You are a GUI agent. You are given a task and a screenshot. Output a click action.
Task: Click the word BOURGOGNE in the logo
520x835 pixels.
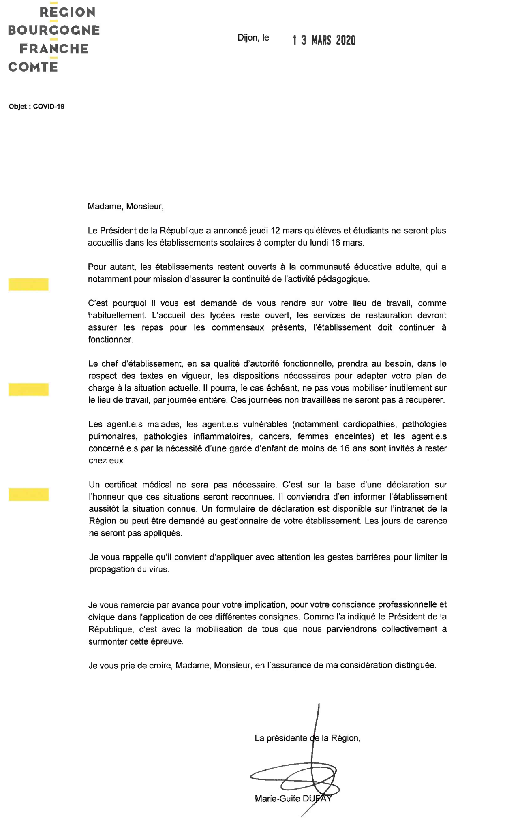coord(54,30)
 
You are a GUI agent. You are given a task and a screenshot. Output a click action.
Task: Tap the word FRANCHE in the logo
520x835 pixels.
coord(54,49)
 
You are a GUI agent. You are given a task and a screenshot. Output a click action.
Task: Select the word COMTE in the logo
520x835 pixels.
coord(33,67)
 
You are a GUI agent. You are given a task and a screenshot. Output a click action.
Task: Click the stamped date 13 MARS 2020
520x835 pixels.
coord(324,40)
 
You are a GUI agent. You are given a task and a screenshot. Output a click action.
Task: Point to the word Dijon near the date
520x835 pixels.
coord(248,38)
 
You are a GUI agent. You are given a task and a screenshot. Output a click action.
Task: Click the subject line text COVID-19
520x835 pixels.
coord(48,107)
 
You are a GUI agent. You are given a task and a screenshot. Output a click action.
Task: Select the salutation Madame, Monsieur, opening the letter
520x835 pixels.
coord(126,206)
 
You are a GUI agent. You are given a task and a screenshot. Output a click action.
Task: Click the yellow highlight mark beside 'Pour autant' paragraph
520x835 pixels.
coord(28,284)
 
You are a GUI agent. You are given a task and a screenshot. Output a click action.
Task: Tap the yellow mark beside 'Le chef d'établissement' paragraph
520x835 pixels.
coord(28,389)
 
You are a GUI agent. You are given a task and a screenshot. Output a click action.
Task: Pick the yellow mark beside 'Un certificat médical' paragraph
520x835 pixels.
coord(28,494)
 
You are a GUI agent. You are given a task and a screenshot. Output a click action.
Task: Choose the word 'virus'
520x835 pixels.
coord(158,569)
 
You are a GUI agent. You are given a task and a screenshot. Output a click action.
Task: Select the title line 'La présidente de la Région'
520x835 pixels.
coord(307,738)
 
